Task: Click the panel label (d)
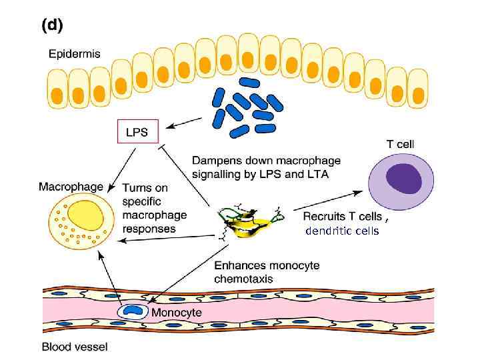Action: tap(52, 25)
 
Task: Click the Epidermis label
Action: tap(75, 55)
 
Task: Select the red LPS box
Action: tap(137, 132)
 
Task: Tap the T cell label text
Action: tap(400, 143)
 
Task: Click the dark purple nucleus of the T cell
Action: tap(405, 180)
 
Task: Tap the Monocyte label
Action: tap(177, 312)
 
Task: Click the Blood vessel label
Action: tap(74, 346)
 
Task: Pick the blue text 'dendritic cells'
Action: tap(342, 231)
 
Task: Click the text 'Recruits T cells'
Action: tap(343, 216)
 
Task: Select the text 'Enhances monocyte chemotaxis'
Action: tap(267, 272)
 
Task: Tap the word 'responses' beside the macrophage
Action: tap(149, 228)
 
